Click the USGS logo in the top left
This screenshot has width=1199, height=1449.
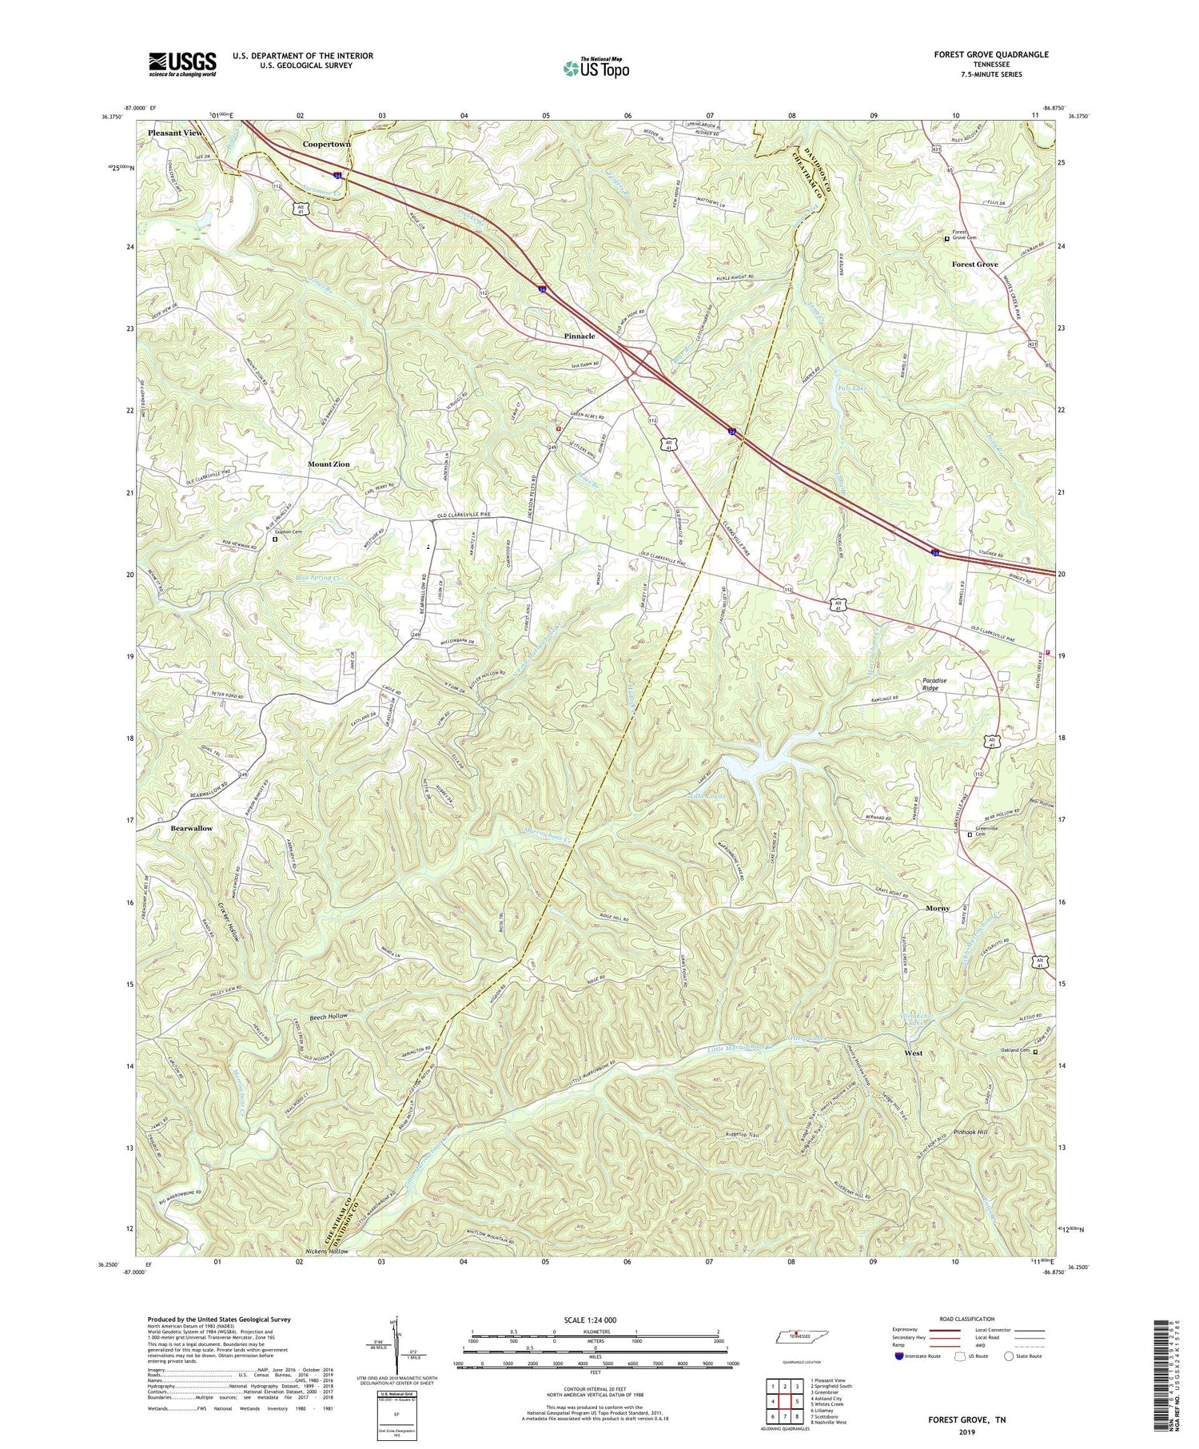click(181, 64)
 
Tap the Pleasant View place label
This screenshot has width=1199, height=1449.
click(175, 133)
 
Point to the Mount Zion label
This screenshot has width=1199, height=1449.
click(329, 464)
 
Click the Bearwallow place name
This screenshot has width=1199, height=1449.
click(191, 828)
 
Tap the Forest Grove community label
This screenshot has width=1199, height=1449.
click(974, 264)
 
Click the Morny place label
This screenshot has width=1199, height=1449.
click(937, 909)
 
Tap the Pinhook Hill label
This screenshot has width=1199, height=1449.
click(976, 1133)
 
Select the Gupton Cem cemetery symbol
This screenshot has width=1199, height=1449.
click(275, 539)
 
